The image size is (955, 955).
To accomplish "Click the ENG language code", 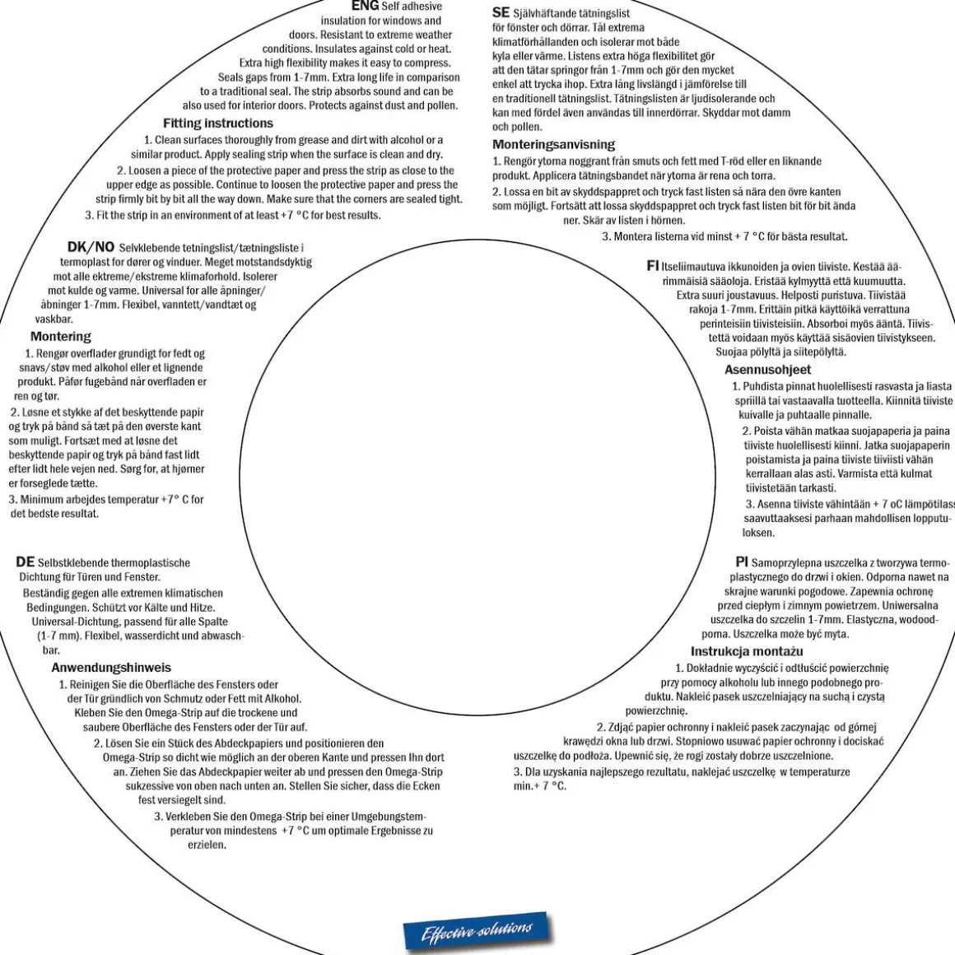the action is click(x=365, y=6).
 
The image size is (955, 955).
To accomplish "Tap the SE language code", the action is click(x=501, y=12).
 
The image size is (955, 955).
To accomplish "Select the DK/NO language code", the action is click(x=91, y=247).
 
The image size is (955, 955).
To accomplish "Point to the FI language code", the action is click(x=652, y=266).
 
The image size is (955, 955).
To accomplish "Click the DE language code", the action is click(x=25, y=561).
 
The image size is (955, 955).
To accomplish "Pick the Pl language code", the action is click(x=741, y=561).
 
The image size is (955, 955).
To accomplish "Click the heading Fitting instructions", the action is click(x=218, y=123).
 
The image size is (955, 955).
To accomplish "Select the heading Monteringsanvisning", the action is click(x=553, y=144).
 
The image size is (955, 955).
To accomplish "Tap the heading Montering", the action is click(x=60, y=336).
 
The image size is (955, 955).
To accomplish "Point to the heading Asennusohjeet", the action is click(x=767, y=369).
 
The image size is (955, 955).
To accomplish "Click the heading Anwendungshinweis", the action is click(x=111, y=668).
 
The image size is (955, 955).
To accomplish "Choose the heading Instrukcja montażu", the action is click(x=747, y=651).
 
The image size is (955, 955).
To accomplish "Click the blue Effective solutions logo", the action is click(x=477, y=931).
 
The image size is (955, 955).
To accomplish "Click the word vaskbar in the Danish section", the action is click(x=54, y=319).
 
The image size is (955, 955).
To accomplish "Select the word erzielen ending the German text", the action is click(x=207, y=845).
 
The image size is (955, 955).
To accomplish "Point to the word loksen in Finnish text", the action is click(x=759, y=533).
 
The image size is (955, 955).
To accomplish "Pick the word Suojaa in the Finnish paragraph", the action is click(x=730, y=352).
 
